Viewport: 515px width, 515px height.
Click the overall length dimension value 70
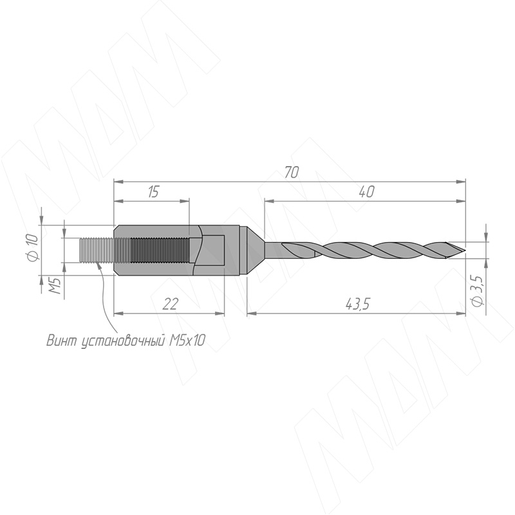292,173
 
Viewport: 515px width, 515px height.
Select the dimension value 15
153,191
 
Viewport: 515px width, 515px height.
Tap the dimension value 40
367,191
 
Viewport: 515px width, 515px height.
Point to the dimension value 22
171,304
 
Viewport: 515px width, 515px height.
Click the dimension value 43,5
358,304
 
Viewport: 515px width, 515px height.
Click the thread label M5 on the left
55,285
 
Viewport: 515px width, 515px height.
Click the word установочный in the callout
123,341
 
